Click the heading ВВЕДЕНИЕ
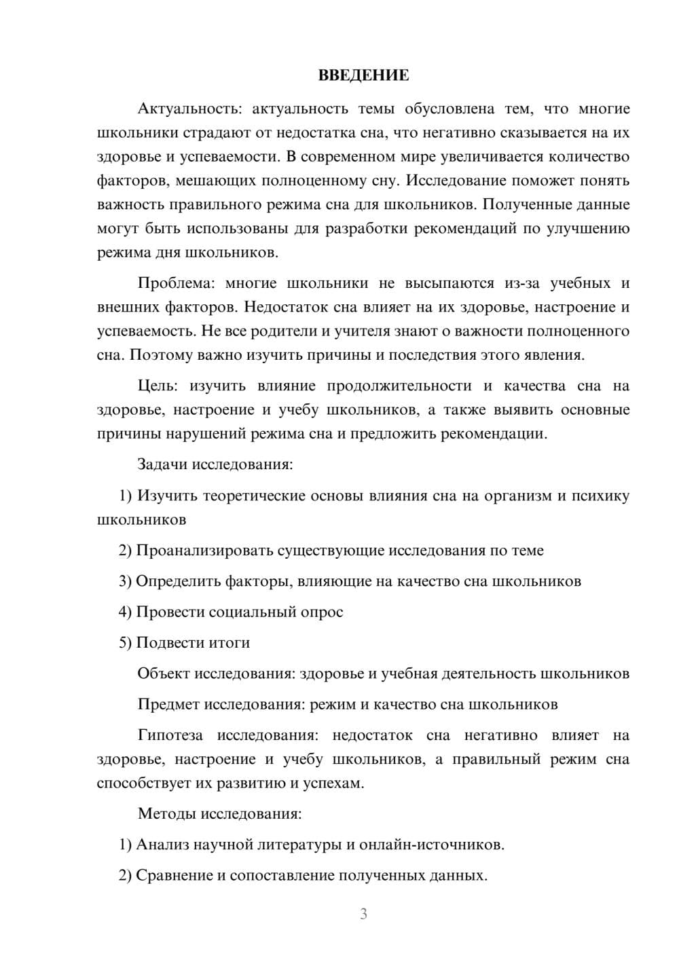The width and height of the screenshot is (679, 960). tap(363, 75)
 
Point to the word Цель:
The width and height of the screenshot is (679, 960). tap(157, 386)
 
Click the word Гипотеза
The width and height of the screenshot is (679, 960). tap(170, 735)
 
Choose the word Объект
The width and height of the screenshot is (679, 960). tap(164, 673)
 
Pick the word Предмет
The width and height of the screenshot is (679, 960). tap(168, 704)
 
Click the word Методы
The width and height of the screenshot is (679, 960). tap(164, 813)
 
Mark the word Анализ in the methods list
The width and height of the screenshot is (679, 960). tap(162, 845)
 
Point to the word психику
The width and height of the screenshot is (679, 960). tap(602, 496)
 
